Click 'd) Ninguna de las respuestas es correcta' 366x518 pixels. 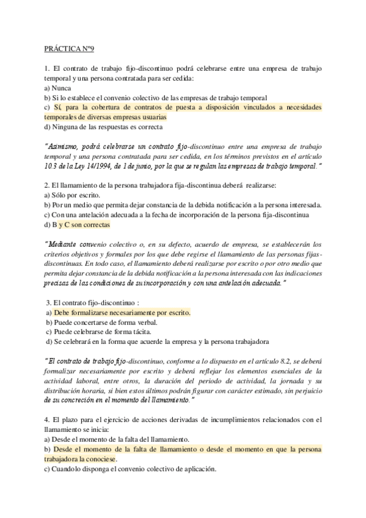click(x=103, y=127)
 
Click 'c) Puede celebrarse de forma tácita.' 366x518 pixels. click(x=100, y=332)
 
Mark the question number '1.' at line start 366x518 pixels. click(x=47, y=68)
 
